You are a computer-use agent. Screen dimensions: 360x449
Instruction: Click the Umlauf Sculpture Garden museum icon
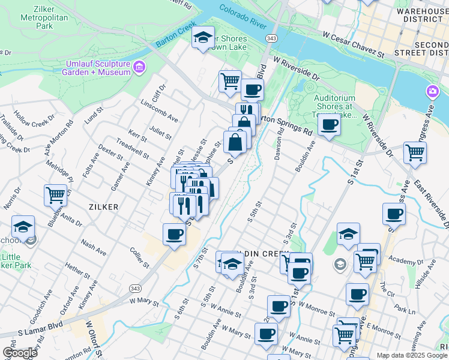click(x=139, y=67)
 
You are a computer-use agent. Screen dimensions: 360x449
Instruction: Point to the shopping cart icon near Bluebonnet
click(x=55, y=194)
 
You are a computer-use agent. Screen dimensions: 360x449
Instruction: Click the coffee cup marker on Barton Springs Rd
click(x=328, y=125)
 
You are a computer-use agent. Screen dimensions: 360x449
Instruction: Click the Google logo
click(x=19, y=353)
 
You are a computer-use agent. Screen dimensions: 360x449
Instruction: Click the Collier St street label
click(x=139, y=257)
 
